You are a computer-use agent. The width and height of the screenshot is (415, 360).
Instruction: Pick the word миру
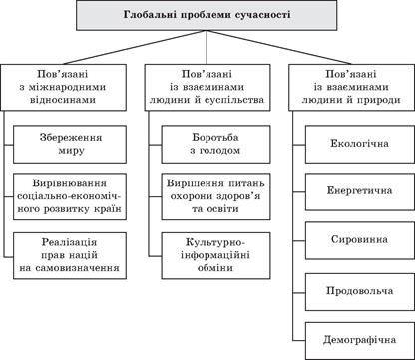tap(76, 149)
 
